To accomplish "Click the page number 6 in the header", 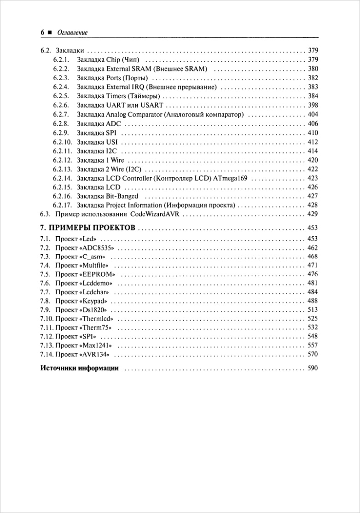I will [x=42, y=33].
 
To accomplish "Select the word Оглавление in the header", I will [x=72, y=33].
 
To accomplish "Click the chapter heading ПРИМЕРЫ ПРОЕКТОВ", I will [x=92, y=228].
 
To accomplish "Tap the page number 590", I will [x=313, y=368].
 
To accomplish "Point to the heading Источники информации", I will [x=80, y=368].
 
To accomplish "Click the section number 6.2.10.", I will [x=63, y=142].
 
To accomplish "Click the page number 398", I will [x=313, y=105].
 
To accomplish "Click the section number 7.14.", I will [x=47, y=355].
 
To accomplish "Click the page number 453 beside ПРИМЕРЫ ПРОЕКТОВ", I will [x=313, y=228].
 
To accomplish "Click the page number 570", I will [x=313, y=355].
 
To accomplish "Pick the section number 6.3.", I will [x=45, y=215].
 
